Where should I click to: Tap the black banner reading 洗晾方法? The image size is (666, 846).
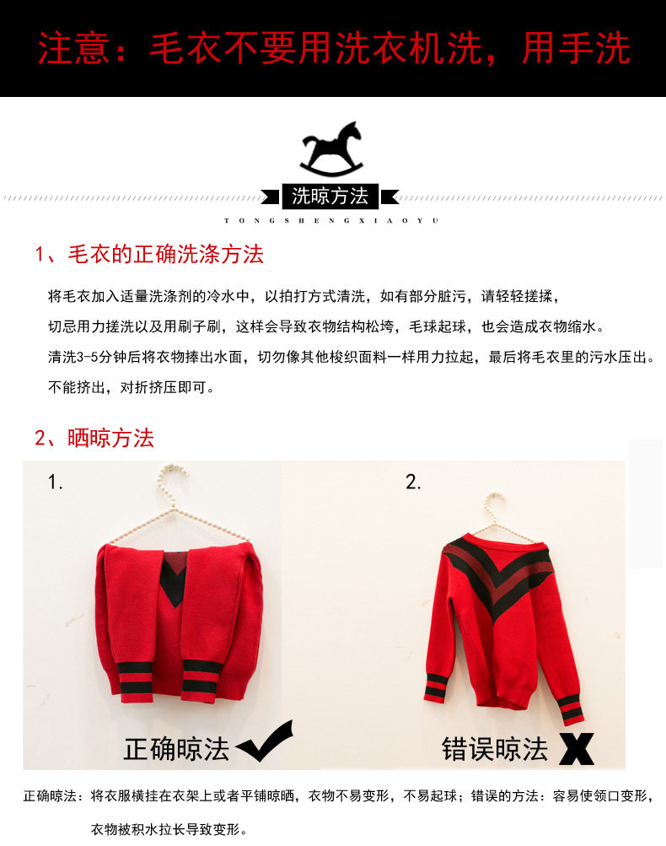[330, 197]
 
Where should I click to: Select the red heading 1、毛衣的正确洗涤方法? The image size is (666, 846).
[149, 254]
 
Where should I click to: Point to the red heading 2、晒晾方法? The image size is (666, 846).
[94, 438]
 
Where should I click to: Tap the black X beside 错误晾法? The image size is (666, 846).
[576, 748]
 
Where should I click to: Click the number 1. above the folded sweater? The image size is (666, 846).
[56, 482]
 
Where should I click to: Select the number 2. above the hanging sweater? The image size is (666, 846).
[413, 482]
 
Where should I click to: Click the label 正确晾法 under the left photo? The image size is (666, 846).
[176, 749]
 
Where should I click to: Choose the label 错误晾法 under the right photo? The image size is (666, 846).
[495, 749]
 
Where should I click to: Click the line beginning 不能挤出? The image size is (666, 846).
[131, 388]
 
